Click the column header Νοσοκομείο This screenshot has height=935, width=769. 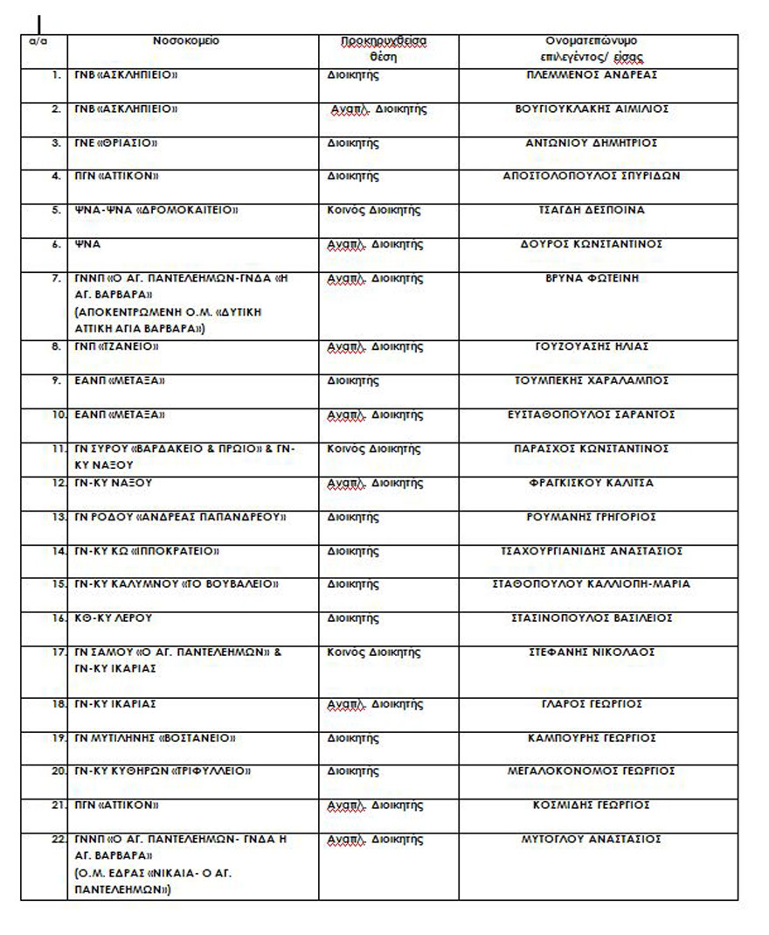coord(186,41)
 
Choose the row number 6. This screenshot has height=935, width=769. coord(57,244)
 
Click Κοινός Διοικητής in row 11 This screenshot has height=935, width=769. coord(373,449)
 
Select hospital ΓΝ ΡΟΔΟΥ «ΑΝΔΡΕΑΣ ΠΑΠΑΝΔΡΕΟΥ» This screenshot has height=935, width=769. coord(181,517)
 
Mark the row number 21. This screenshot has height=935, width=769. coord(58,805)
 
